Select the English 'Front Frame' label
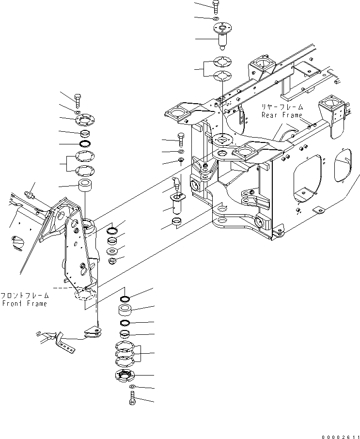24,304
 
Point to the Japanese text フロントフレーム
25,296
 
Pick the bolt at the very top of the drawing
216,6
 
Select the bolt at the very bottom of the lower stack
132,400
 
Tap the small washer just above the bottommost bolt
132,386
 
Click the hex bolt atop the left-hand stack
79,100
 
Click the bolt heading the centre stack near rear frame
181,140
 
